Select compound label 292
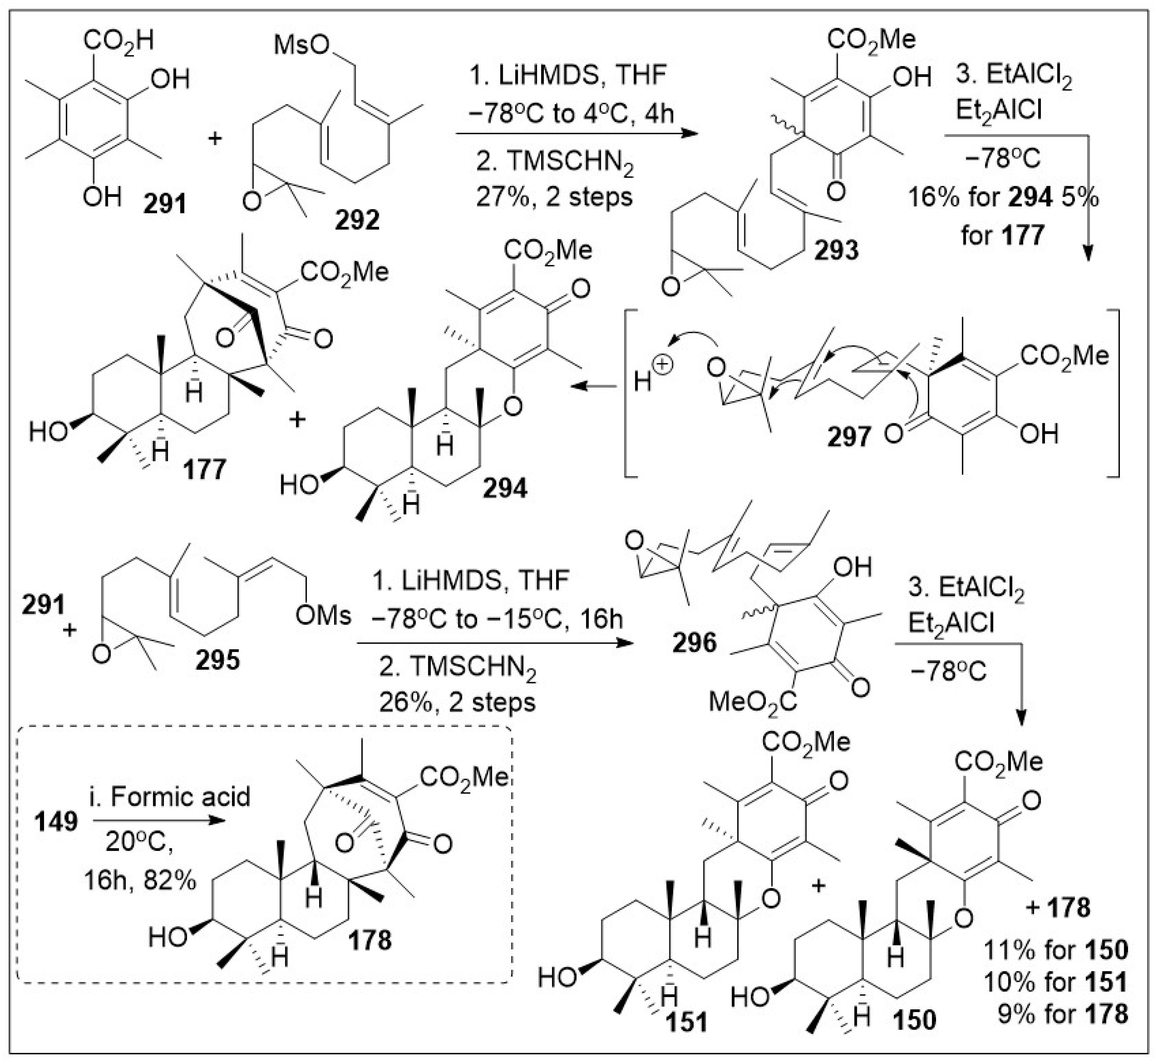pyautogui.click(x=357, y=220)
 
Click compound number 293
pyautogui.click(x=836, y=250)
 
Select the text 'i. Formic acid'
pyautogui.click(x=169, y=797)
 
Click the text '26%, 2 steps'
pyautogui.click(x=457, y=702)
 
